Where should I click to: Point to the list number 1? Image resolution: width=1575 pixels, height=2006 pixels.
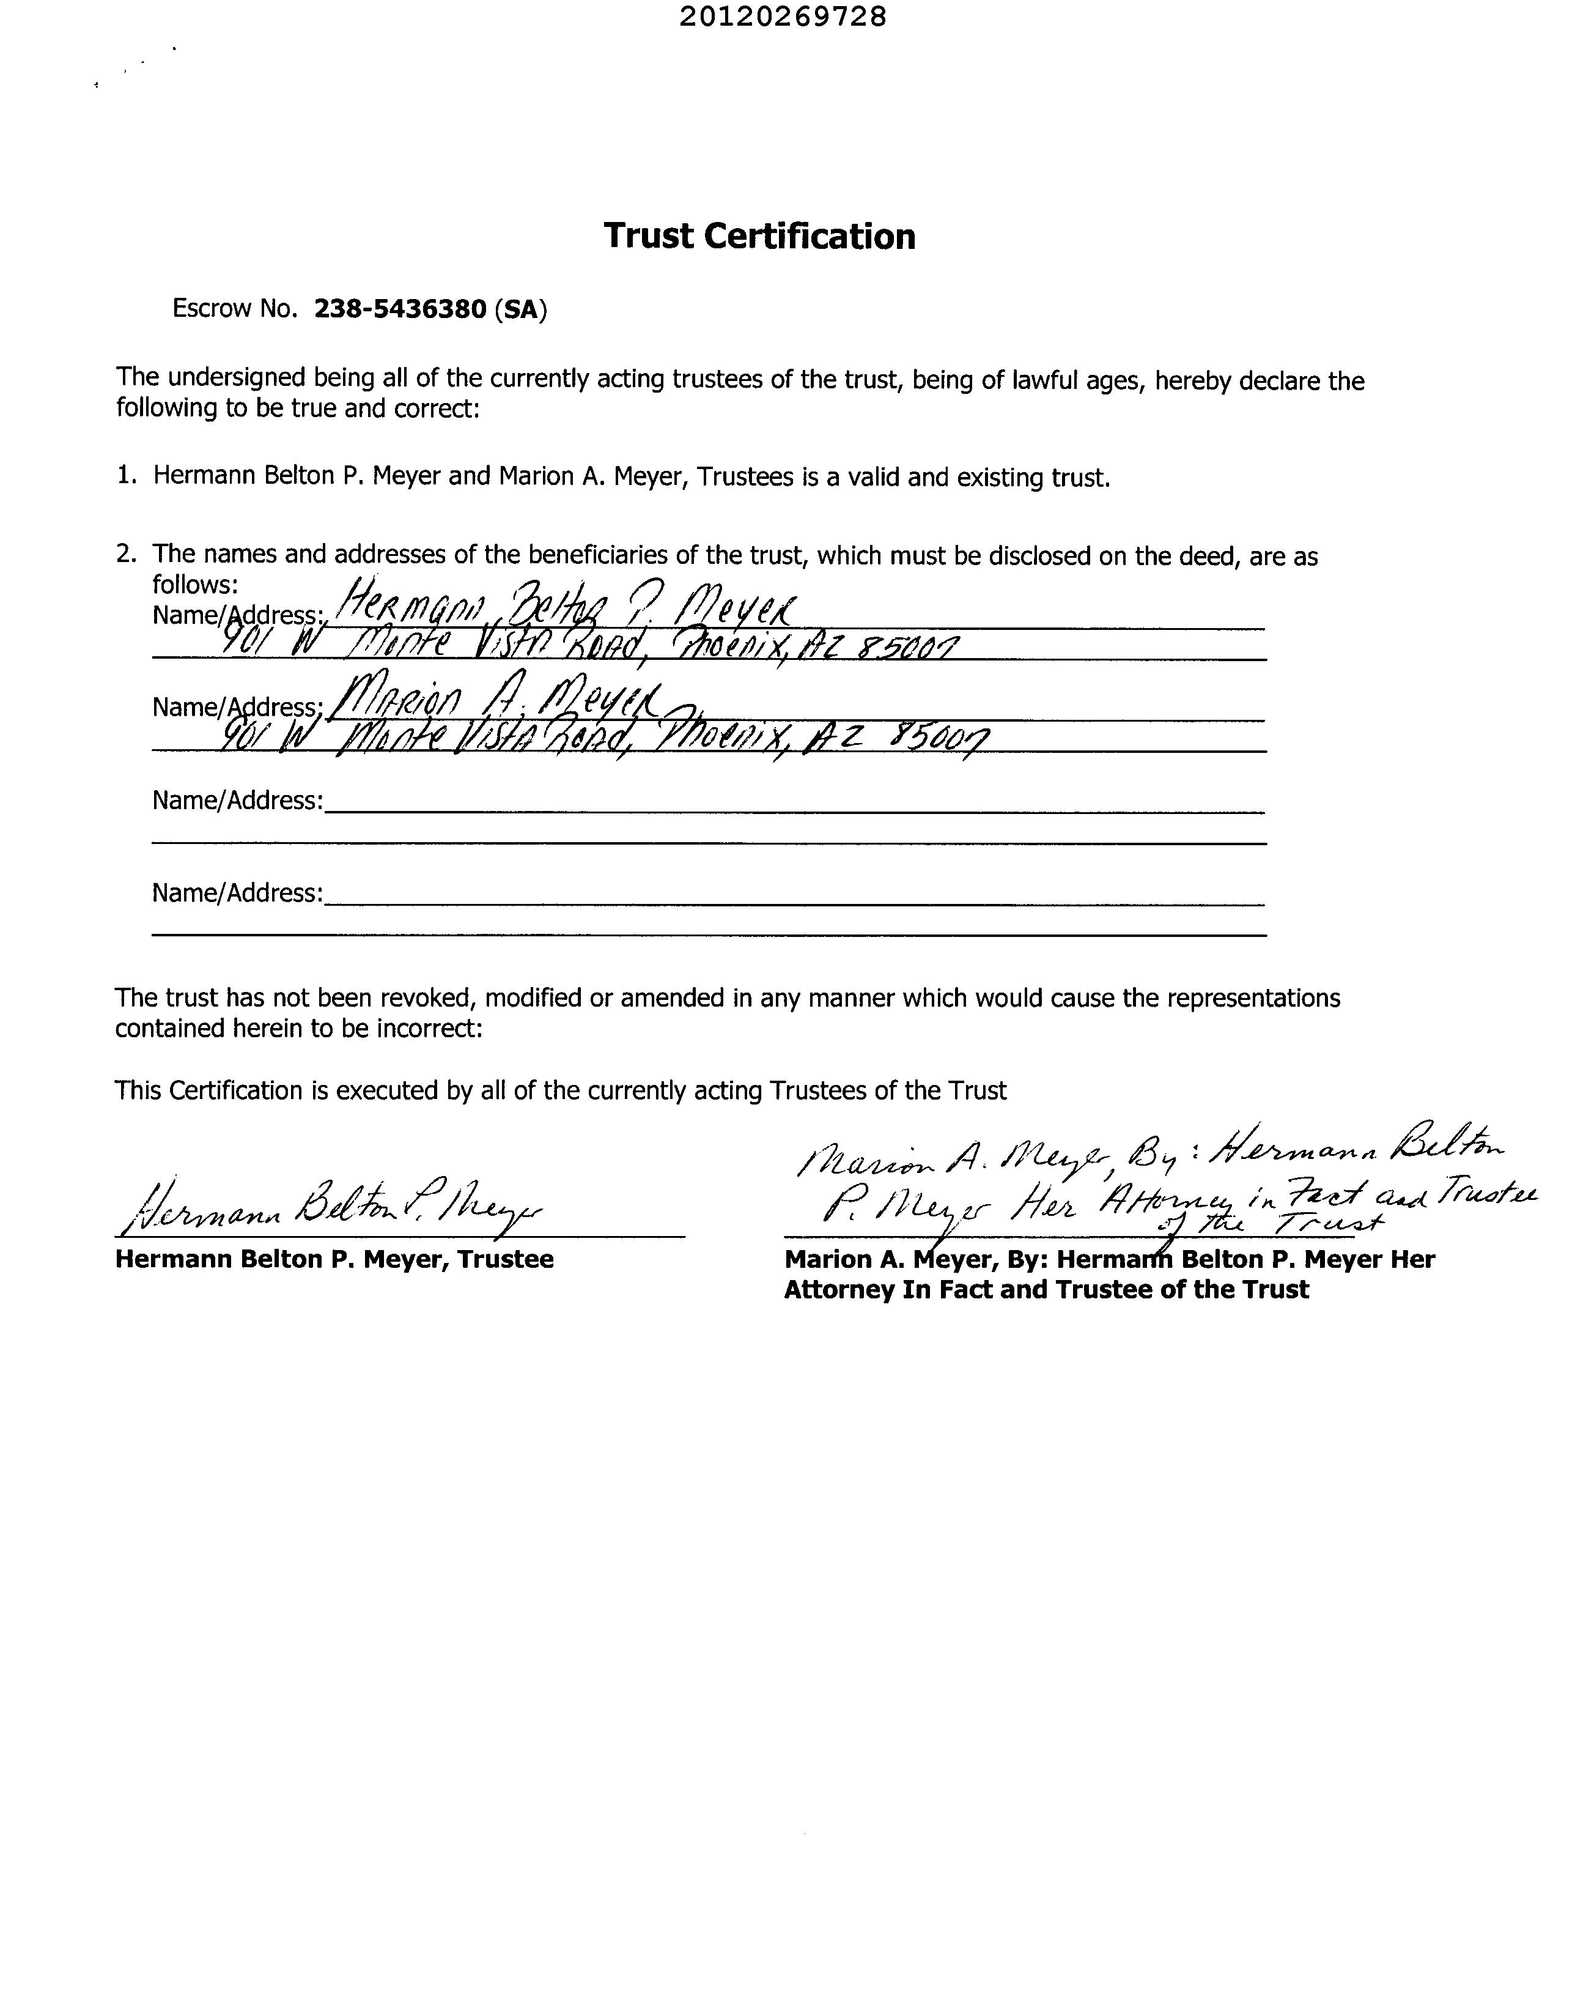point(125,477)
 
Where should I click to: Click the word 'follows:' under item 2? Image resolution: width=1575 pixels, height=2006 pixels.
point(196,585)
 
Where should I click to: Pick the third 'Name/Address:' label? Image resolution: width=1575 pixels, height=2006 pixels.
point(238,801)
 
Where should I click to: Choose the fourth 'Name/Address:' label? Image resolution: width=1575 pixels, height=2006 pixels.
point(238,893)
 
